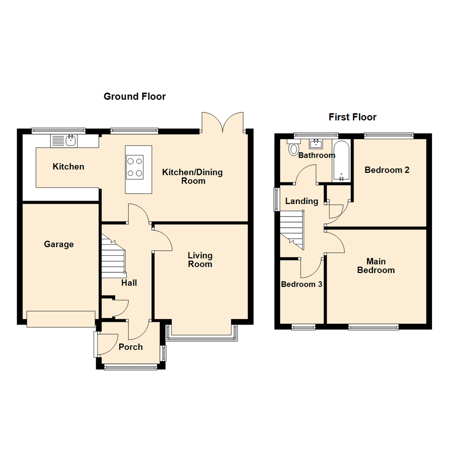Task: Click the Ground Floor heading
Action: [x=134, y=97]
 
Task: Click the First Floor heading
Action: [x=352, y=117]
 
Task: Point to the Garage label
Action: [x=59, y=245]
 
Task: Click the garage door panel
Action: [x=61, y=319]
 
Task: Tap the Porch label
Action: [x=130, y=347]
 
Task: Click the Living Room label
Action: [x=200, y=260]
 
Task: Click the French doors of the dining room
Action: [x=222, y=123]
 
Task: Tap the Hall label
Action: [x=129, y=283]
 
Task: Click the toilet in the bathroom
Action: [x=294, y=148]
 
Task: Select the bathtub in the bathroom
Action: [x=341, y=162]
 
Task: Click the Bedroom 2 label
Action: [x=387, y=170]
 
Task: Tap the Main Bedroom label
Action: [x=376, y=266]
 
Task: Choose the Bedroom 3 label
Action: [x=302, y=285]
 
